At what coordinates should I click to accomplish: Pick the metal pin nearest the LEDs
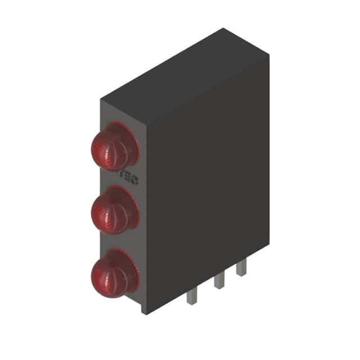coord(191,296)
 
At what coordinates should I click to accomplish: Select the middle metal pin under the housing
coord(219,281)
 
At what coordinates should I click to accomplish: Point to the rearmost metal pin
coord(241,268)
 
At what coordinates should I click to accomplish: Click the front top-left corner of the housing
coord(101,100)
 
